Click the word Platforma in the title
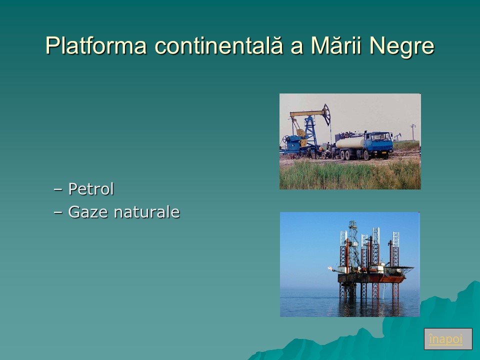[x=96, y=46]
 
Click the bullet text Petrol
[x=91, y=188]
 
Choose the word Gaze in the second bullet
[x=88, y=212]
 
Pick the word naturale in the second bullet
[x=146, y=212]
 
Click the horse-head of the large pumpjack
[x=326, y=114]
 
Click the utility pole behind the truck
[x=413, y=132]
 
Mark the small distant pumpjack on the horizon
[x=397, y=136]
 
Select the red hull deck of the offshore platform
[x=371, y=278]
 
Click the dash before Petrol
[x=57, y=189]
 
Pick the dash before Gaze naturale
[x=57, y=212]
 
